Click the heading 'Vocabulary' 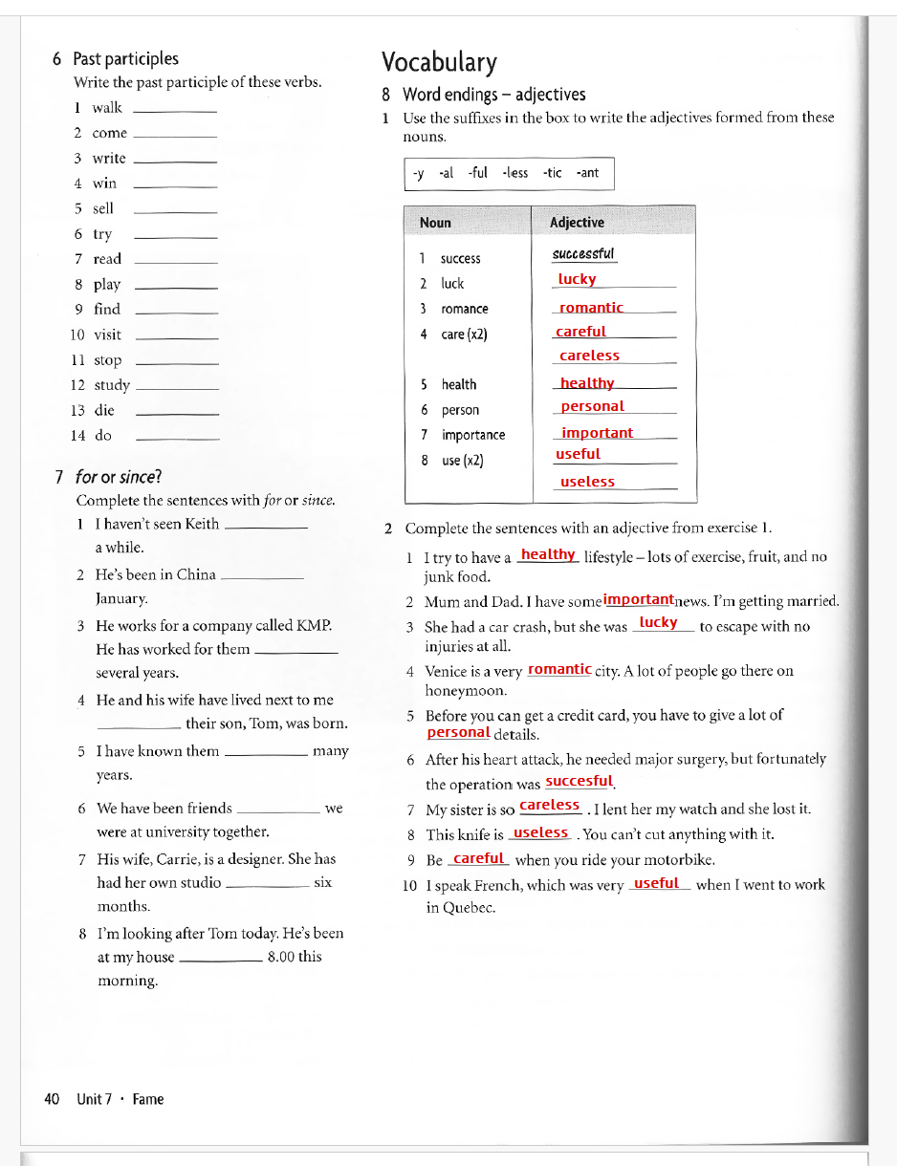(439, 63)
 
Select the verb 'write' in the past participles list (109, 159)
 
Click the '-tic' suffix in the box (553, 173)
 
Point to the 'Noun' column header (435, 223)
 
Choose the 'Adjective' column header (577, 223)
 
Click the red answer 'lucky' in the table (577, 279)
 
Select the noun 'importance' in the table (473, 435)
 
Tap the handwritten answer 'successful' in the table (583, 254)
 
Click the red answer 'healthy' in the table (587, 383)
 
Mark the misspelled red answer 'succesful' (579, 781)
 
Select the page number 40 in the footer (53, 1099)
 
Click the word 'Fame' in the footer (148, 1099)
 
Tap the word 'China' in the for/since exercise (196, 574)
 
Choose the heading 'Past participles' (125, 59)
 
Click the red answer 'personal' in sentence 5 (458, 733)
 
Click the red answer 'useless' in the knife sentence (540, 832)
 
